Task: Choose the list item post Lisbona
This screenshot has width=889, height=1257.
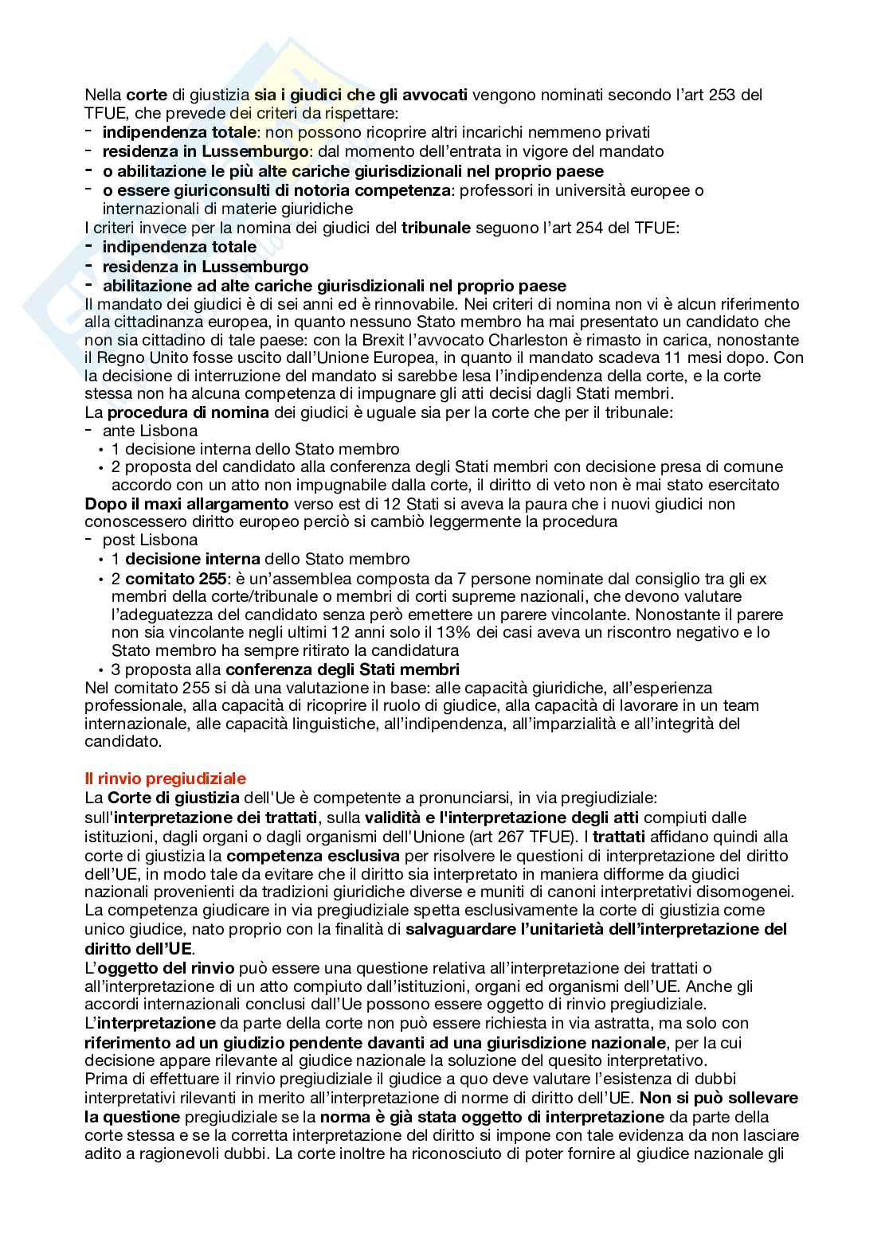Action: (150, 540)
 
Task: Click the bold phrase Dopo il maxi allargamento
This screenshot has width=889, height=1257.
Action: (186, 504)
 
